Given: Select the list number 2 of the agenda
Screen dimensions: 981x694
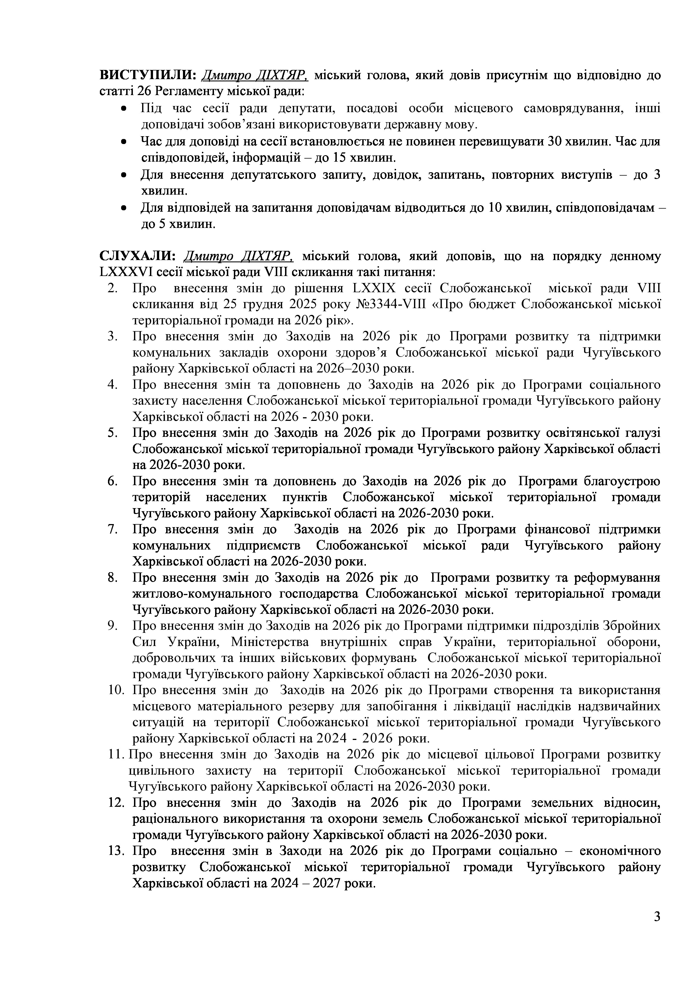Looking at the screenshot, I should click(x=112, y=288).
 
